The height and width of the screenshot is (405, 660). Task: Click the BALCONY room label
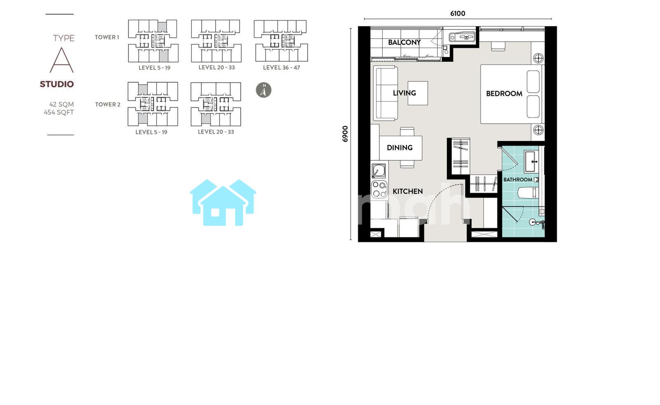[404, 42]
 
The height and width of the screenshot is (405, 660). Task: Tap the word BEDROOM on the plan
[504, 94]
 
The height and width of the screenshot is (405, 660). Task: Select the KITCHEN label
[408, 191]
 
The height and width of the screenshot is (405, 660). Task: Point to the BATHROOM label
[518, 180]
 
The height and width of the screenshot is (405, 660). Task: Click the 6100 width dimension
[457, 14]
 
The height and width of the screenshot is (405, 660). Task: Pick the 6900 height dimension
[345, 134]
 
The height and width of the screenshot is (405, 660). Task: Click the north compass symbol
[264, 90]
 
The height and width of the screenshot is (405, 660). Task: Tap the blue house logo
[223, 203]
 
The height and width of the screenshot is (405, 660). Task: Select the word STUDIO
[57, 84]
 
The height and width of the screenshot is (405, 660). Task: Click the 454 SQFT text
[59, 112]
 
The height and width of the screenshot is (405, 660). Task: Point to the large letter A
[61, 60]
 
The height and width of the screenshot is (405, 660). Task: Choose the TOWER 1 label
[107, 37]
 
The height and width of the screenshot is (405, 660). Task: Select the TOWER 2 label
[108, 105]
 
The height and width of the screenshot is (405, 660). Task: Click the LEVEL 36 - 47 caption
[281, 68]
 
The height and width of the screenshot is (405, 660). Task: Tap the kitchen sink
[378, 171]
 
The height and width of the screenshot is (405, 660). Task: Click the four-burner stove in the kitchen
[379, 189]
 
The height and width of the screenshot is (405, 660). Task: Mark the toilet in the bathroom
[528, 193]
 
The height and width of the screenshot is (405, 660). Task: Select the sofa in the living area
[385, 93]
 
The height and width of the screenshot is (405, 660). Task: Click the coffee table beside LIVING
[418, 93]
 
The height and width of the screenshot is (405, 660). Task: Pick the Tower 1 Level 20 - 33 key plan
[216, 41]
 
